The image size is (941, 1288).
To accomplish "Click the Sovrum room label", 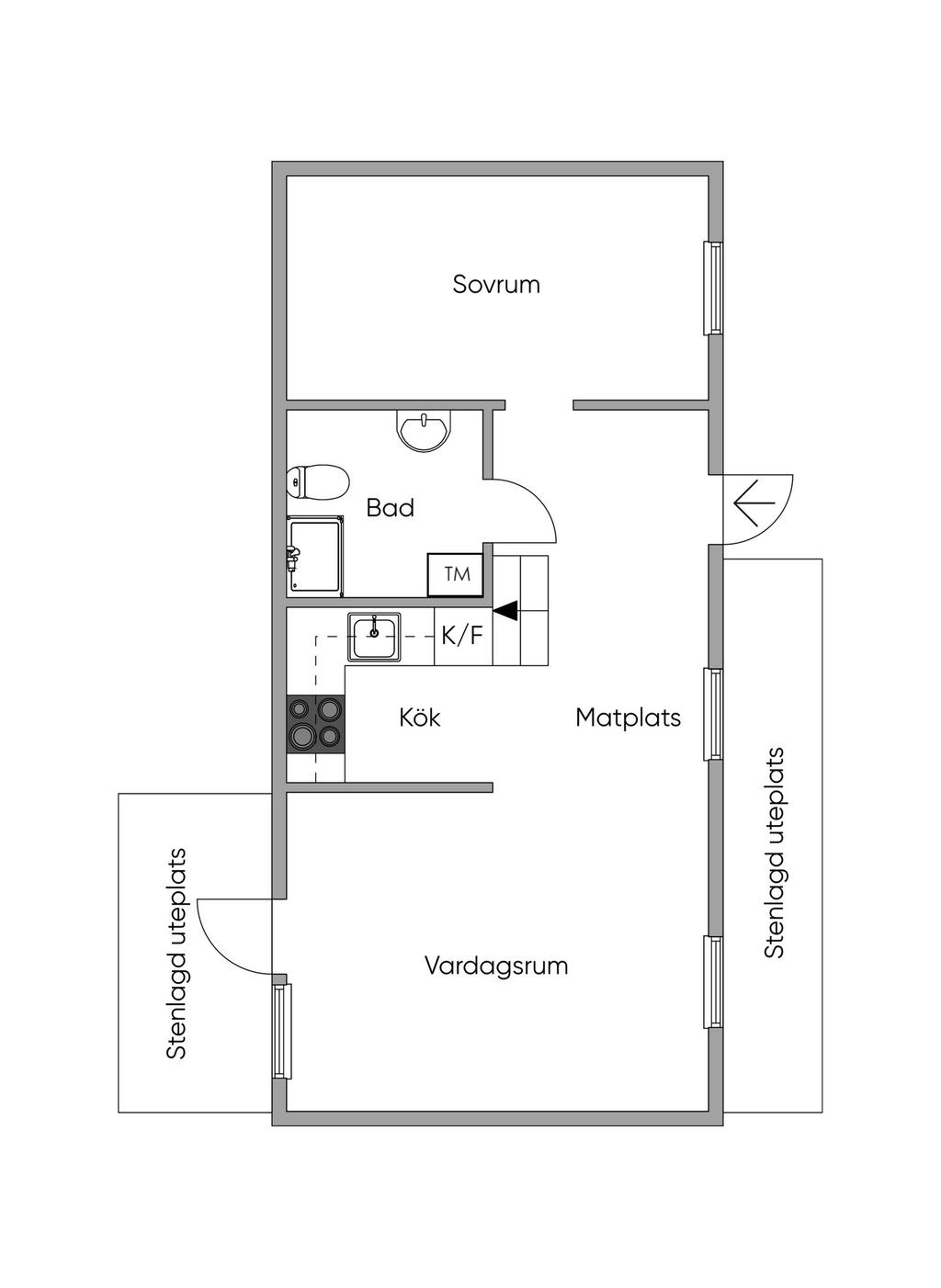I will click(x=496, y=284).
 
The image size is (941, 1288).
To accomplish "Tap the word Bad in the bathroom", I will click(x=390, y=507).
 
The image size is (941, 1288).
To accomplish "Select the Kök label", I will click(x=420, y=717).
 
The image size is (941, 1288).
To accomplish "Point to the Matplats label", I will click(x=628, y=717).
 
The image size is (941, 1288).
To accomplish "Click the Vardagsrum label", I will click(x=496, y=966).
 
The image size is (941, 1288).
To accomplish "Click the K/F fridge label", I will click(x=462, y=635).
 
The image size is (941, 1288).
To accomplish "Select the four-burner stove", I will click(x=315, y=724).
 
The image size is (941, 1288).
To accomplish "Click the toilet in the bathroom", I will click(x=317, y=481).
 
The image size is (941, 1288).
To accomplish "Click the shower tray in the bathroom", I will click(x=315, y=555).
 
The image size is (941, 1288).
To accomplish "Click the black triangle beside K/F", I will click(x=506, y=609).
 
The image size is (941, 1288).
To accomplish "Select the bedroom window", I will click(x=713, y=288).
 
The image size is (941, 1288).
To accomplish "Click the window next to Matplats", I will click(x=713, y=714).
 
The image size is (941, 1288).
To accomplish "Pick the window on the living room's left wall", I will click(x=281, y=1030).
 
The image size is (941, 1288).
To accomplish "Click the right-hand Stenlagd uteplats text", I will click(x=775, y=853).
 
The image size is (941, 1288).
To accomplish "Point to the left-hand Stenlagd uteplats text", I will click(x=176, y=954).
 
